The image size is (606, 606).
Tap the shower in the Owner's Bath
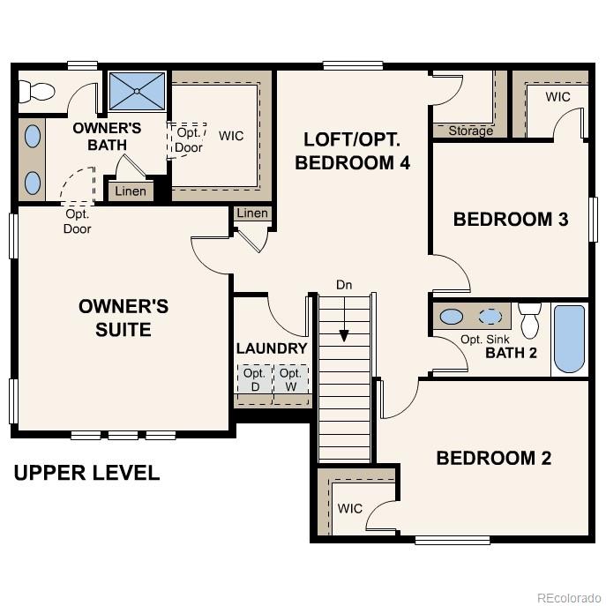(137, 91)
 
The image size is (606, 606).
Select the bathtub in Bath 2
(569, 339)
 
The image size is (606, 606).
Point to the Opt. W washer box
(290, 380)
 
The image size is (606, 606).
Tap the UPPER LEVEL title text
(86, 473)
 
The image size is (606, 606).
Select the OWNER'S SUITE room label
(123, 318)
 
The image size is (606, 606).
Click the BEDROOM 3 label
(510, 220)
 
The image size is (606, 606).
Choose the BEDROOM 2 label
(493, 458)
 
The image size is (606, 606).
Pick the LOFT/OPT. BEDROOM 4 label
(352, 151)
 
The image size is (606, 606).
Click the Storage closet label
(470, 131)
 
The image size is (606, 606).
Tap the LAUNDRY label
(272, 348)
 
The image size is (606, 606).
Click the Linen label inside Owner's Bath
(131, 191)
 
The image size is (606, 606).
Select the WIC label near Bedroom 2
(349, 509)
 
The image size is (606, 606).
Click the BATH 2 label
(511, 354)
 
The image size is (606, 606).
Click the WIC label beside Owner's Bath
(231, 136)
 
